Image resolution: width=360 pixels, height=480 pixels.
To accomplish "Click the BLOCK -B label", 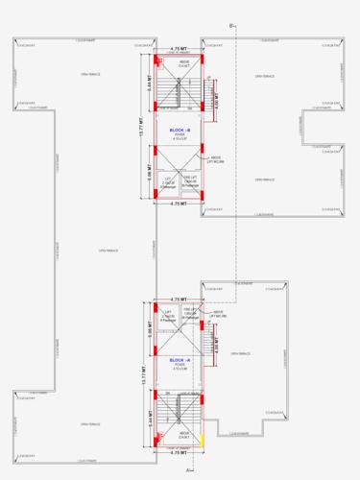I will click(x=180, y=130).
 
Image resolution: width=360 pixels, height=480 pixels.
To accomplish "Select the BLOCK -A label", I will click(x=180, y=359).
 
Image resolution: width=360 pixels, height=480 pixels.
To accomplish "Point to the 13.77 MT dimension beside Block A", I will click(x=140, y=374).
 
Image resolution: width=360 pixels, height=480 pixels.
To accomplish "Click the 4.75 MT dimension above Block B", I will click(x=179, y=48).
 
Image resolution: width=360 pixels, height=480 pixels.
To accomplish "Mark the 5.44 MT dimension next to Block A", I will click(x=151, y=418).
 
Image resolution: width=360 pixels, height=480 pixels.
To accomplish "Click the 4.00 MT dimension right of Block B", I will click(x=217, y=97).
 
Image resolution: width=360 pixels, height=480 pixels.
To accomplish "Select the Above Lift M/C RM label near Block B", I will click(x=216, y=159).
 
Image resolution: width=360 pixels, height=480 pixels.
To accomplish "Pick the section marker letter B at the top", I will click(x=231, y=22).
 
